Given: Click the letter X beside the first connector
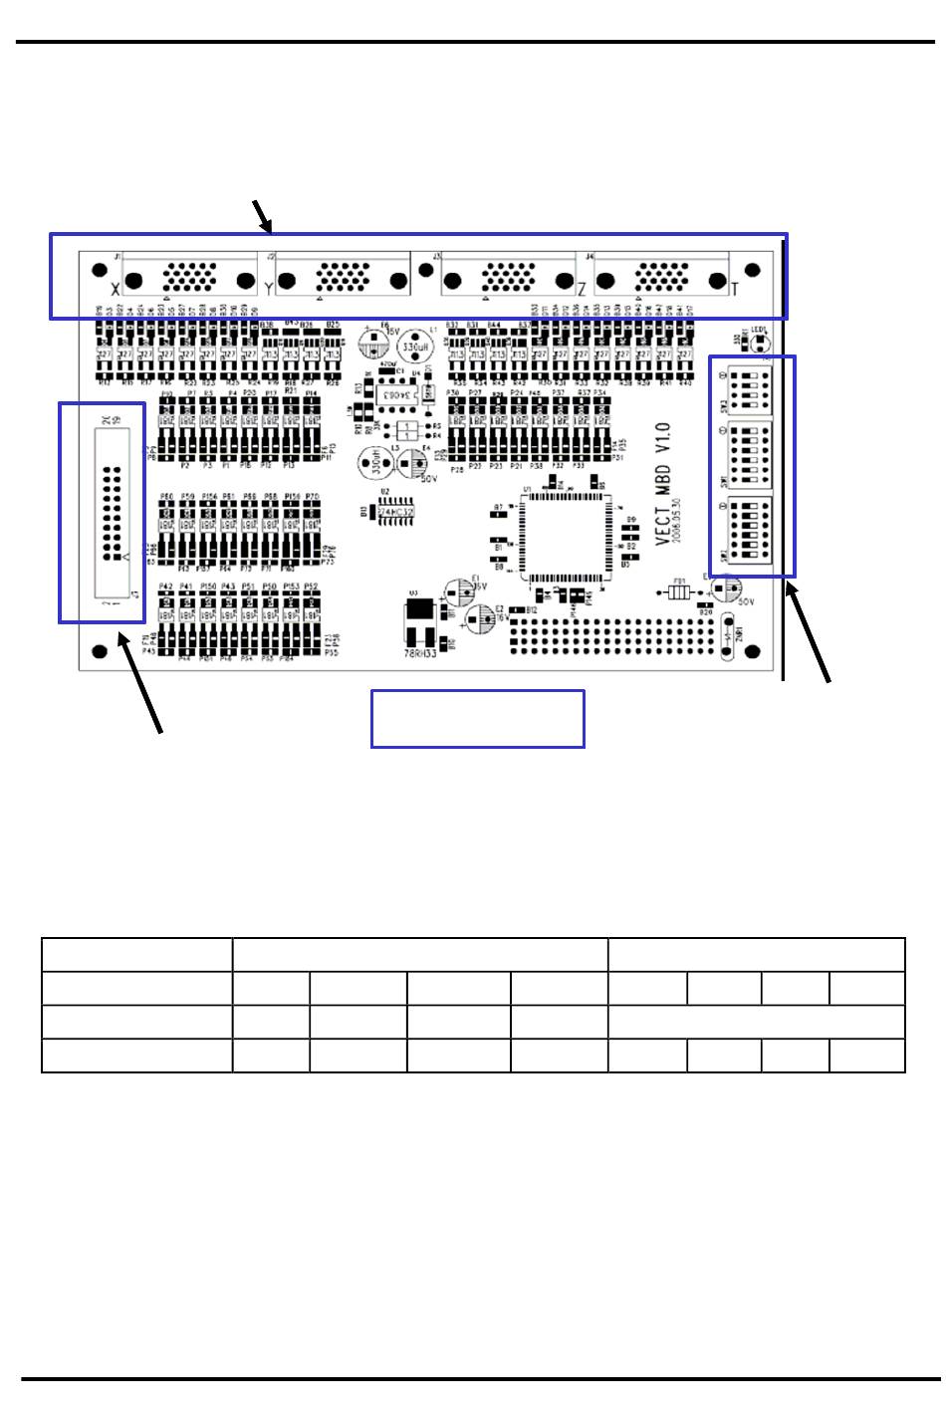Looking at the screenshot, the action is point(115,290).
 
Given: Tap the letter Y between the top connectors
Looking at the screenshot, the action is point(268,290).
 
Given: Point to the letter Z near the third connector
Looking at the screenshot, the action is point(582,290).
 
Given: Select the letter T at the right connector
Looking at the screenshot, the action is point(735,290).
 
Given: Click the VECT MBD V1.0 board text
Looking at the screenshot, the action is point(664,483).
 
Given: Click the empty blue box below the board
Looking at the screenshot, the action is point(477,718).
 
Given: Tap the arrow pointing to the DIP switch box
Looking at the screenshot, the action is point(808,633).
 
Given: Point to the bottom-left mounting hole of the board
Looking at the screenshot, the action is point(99,652).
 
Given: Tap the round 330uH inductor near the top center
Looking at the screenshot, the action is point(413,346).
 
